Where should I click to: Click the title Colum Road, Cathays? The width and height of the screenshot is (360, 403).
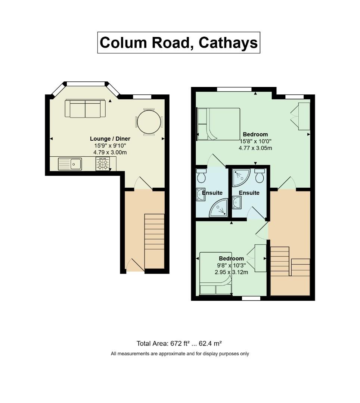(179, 43)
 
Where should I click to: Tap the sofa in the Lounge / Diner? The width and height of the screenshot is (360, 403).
(85, 109)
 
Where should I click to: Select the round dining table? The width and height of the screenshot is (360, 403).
(149, 122)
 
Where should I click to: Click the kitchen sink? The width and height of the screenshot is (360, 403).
(70, 164)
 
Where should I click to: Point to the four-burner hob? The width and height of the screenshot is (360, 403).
(103, 164)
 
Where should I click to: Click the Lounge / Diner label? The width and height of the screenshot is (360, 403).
(110, 139)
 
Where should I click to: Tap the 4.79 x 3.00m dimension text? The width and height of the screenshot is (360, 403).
(110, 152)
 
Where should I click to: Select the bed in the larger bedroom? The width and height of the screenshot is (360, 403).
(218, 124)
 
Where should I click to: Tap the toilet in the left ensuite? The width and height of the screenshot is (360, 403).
(201, 175)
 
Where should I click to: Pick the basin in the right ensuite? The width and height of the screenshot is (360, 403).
(236, 203)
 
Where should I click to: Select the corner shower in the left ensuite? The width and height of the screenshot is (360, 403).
(219, 207)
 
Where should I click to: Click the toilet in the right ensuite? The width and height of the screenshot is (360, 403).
(260, 175)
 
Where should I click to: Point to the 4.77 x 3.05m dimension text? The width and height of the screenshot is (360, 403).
(255, 148)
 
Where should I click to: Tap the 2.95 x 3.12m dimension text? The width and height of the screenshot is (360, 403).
(232, 272)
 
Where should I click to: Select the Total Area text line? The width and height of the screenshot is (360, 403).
(179, 343)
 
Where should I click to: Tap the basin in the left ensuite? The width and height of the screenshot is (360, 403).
(200, 194)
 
